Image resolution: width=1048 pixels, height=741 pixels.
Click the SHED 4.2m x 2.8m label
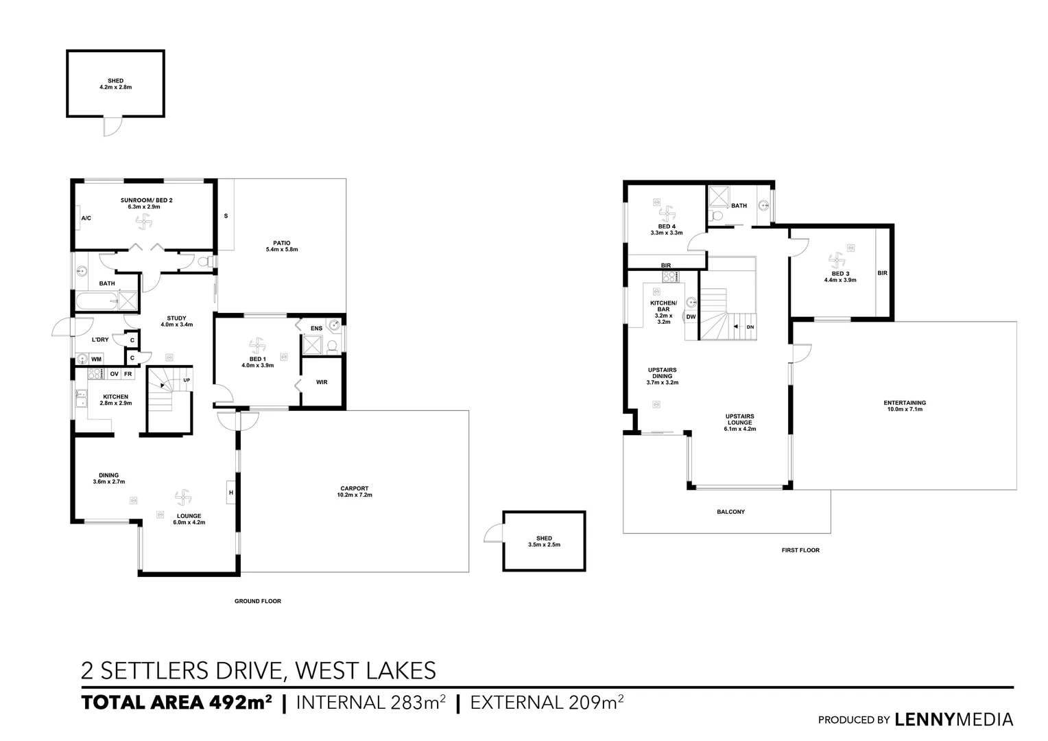tap(115, 84)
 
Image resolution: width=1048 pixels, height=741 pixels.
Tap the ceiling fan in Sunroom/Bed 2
tap(143, 221)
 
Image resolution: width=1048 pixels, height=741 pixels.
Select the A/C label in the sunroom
tap(86, 218)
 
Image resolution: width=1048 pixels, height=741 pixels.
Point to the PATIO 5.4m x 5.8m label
tap(281, 246)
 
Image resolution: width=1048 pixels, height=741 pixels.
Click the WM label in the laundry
tap(97, 359)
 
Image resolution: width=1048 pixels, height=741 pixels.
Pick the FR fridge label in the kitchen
tap(128, 374)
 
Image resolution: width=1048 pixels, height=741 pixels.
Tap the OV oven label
tap(114, 374)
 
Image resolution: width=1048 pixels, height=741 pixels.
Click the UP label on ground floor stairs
tap(186, 379)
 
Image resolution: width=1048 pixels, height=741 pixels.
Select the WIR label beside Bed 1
tap(321, 382)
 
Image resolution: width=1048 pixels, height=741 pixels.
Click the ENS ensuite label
tap(316, 329)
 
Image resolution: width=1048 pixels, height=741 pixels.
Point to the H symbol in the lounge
tap(231, 493)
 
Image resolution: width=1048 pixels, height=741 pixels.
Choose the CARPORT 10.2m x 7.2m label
tap(354, 491)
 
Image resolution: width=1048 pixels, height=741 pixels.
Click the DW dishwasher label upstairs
tap(691, 316)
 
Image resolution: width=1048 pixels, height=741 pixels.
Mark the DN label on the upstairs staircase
tap(750, 327)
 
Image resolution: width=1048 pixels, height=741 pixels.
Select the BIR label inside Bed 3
tap(882, 273)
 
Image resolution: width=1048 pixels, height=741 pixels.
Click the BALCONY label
tap(730, 512)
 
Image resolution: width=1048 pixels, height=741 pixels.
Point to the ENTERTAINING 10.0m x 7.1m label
tap(904, 405)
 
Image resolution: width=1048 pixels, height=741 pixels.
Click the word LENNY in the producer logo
tap(925, 720)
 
